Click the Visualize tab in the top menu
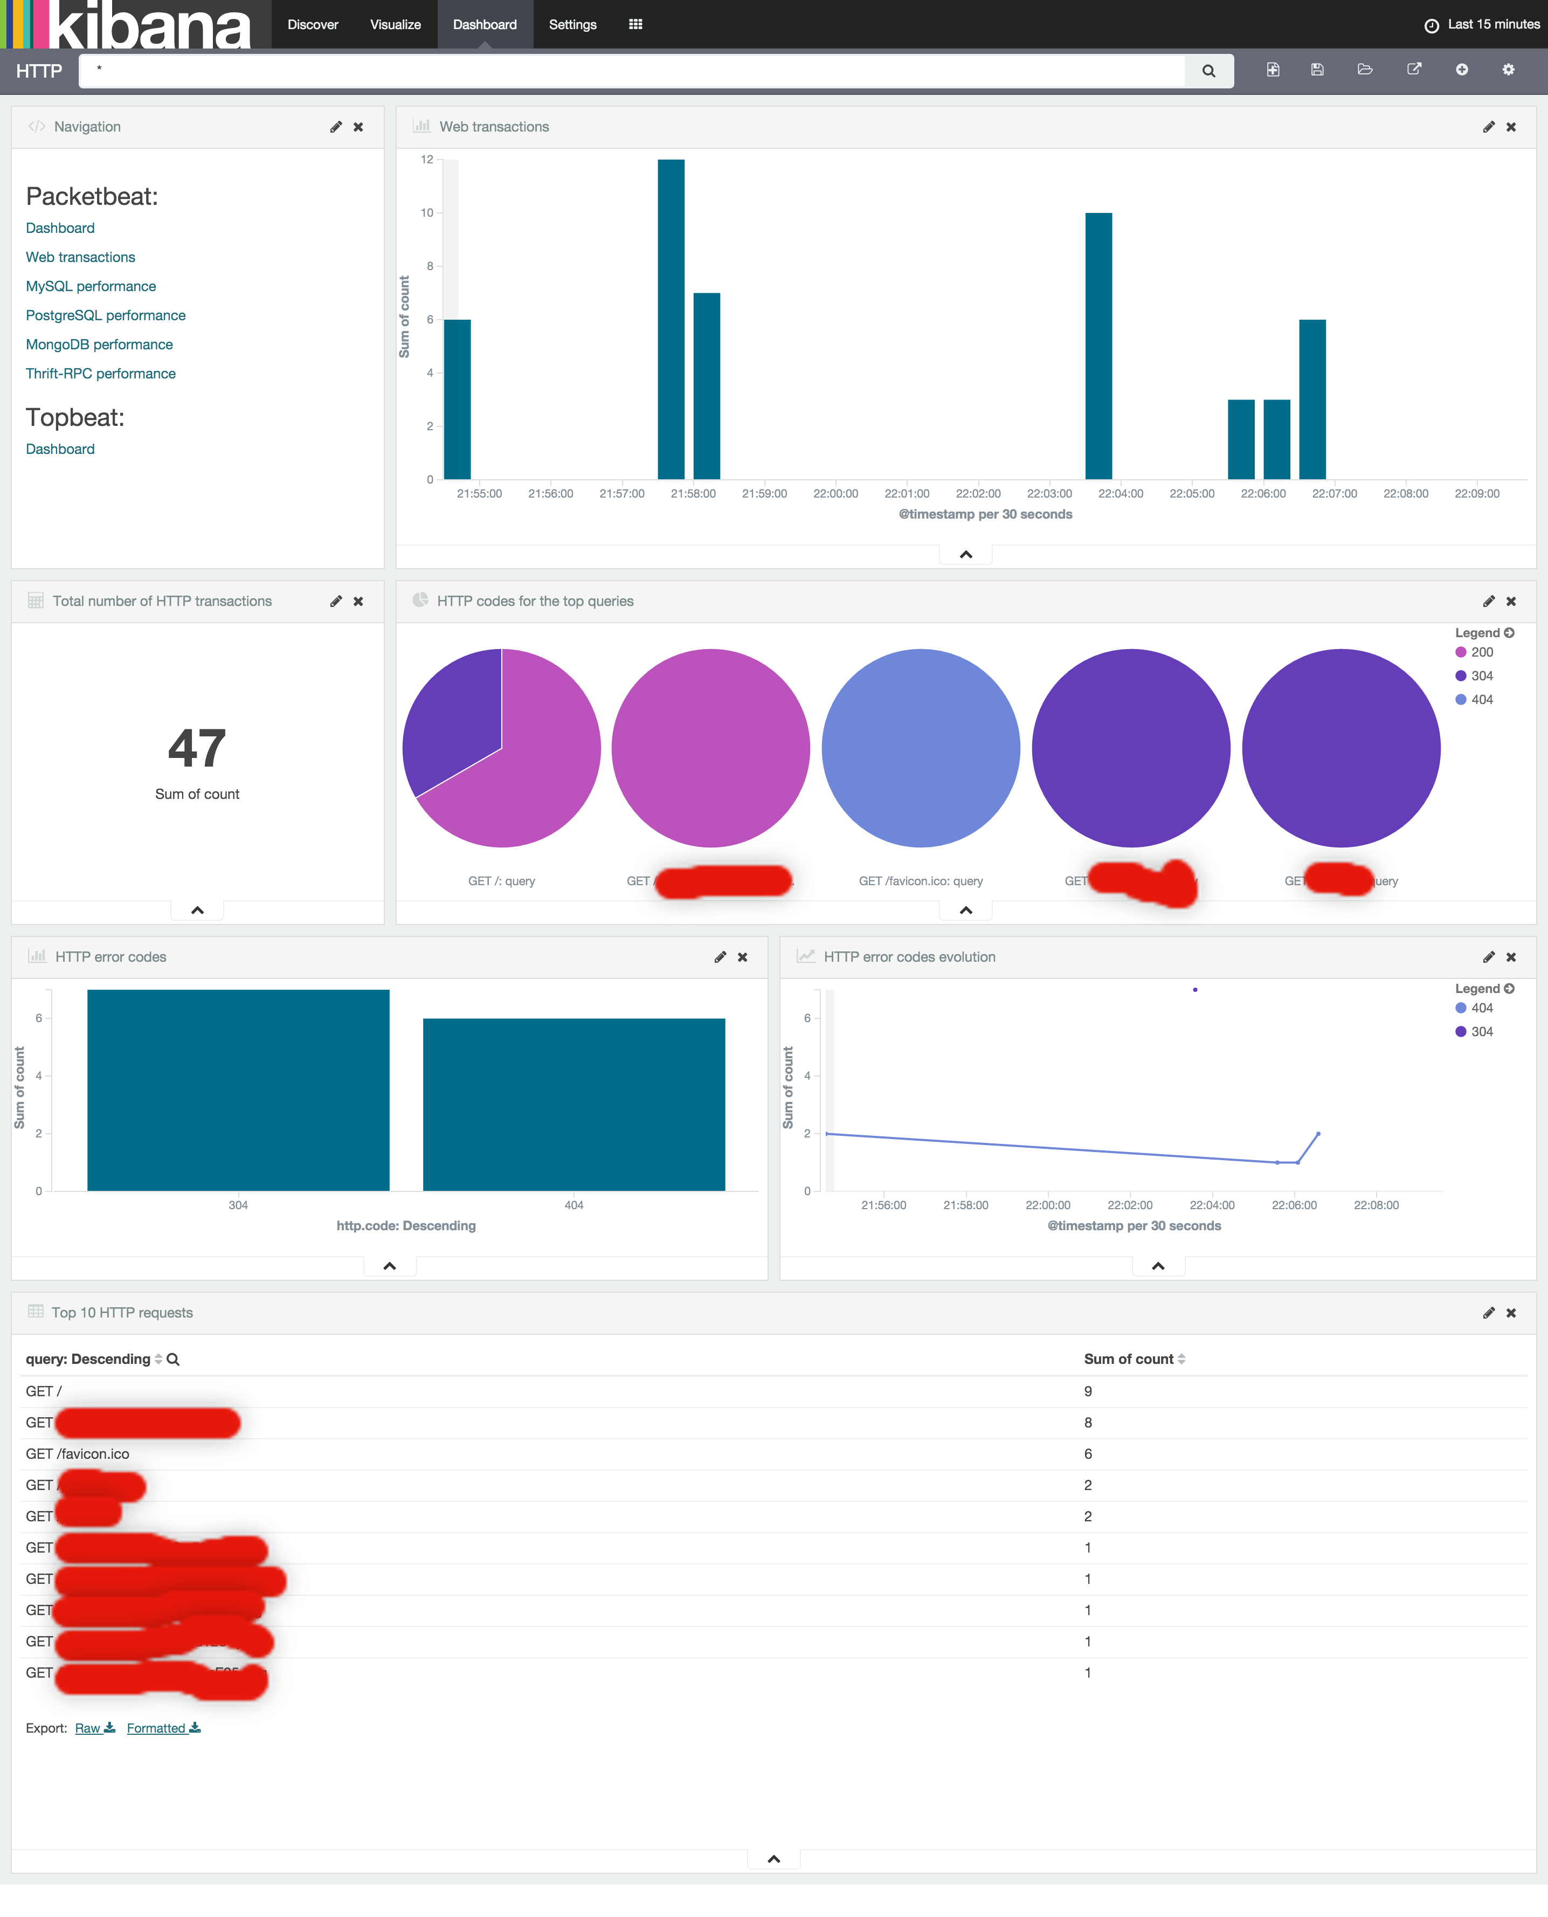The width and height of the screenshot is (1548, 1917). point(395,24)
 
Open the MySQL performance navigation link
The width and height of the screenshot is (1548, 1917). point(91,286)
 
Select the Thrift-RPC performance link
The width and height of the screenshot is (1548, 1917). point(101,374)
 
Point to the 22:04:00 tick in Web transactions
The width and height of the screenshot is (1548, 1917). point(1120,493)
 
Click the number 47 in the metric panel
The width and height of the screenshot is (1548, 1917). point(197,748)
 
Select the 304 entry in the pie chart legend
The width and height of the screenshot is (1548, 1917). point(1481,676)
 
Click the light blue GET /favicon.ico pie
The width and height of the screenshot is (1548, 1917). point(920,748)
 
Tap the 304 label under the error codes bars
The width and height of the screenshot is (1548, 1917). point(238,1204)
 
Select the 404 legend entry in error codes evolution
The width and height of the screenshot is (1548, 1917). point(1481,1008)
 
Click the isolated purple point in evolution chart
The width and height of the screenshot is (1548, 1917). point(1195,990)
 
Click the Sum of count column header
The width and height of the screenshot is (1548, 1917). point(1128,1359)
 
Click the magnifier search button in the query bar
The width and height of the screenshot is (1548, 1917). point(1208,71)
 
